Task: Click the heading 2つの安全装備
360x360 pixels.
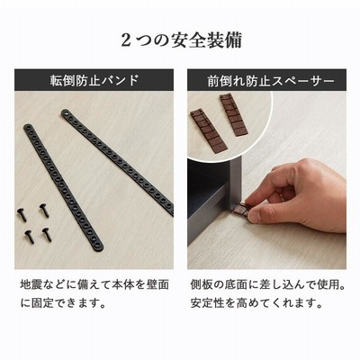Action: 181,40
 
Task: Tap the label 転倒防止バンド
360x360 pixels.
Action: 94,80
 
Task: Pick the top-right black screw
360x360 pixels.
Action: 44,210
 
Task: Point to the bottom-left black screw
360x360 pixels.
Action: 29,237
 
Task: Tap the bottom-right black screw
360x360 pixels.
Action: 47,235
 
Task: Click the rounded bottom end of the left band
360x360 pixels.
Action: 97,247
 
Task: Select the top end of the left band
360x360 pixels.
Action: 29,129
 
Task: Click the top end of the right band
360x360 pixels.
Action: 67,113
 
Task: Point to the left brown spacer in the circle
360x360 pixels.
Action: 208,131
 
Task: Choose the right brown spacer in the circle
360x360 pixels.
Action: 233,114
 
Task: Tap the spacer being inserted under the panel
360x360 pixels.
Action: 240,209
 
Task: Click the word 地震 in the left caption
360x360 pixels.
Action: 31,284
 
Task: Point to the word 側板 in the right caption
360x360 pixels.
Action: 201,284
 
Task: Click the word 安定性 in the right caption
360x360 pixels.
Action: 208,303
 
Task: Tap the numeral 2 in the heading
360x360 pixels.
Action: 126,40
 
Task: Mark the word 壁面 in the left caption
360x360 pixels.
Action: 158,284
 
